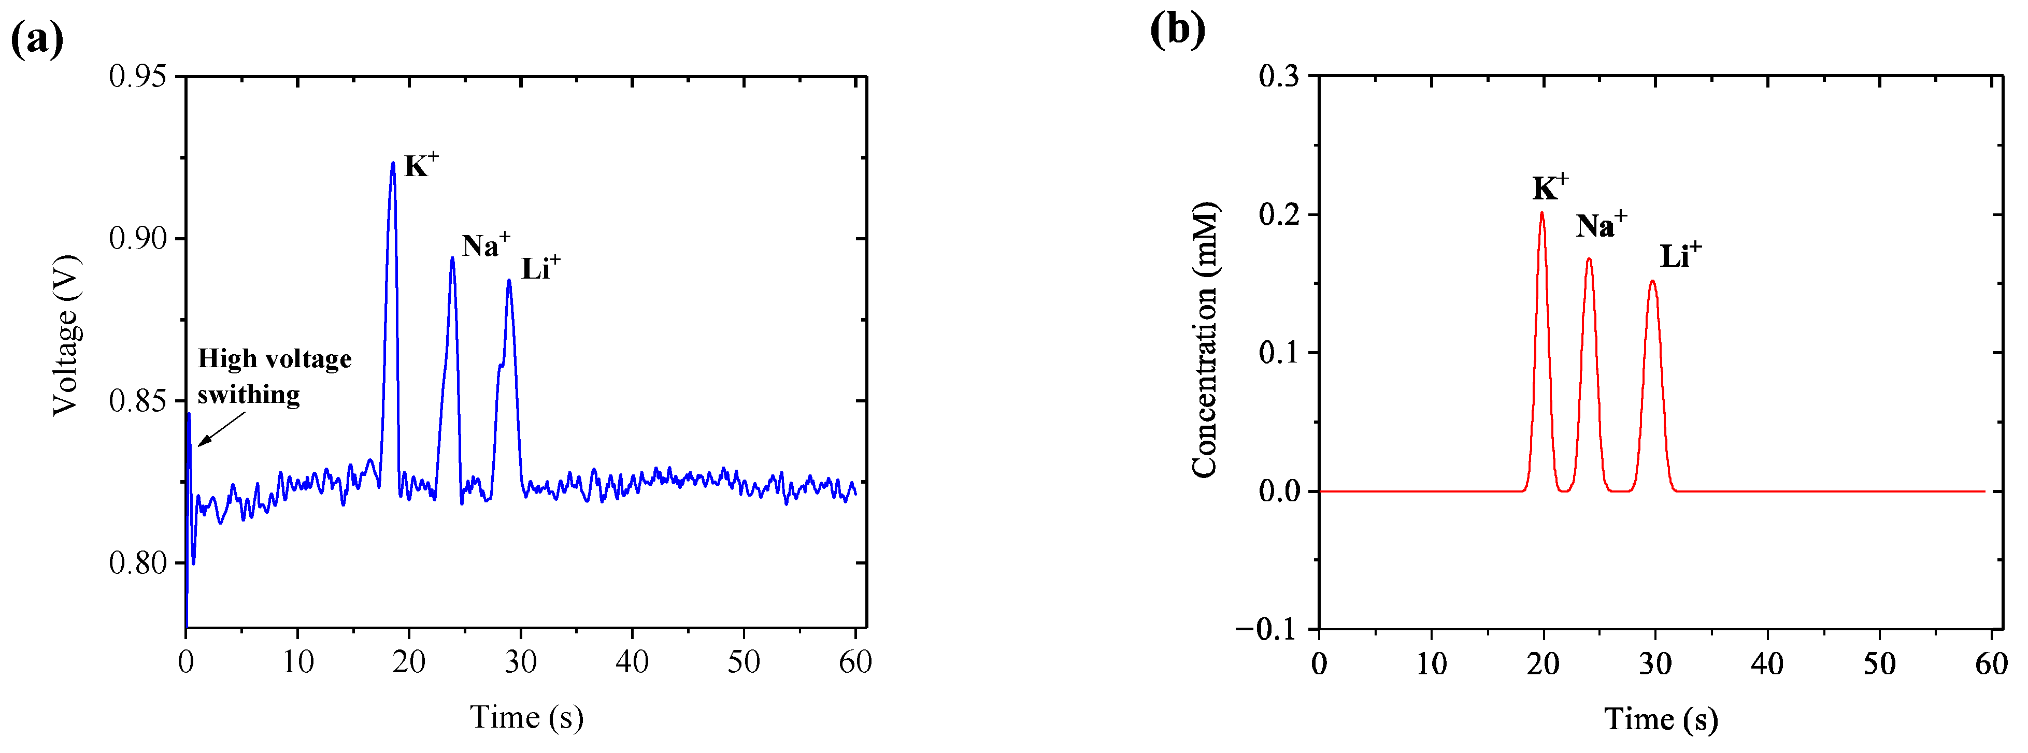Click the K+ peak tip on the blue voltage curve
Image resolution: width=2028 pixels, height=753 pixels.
(x=393, y=163)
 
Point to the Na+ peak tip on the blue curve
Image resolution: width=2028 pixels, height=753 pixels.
(x=452, y=258)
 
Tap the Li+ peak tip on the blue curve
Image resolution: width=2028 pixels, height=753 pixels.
(x=509, y=280)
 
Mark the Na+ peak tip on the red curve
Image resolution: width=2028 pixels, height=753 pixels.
(x=1589, y=259)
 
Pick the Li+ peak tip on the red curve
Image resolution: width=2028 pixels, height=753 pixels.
(x=1652, y=281)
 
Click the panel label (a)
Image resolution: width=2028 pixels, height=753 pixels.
(x=37, y=39)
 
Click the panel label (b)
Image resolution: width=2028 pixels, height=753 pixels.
(x=1177, y=30)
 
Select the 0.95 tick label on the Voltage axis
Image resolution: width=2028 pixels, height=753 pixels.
(x=138, y=77)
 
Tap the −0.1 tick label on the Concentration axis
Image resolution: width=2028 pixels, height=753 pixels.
(x=1266, y=629)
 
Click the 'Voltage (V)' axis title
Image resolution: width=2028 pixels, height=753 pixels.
(x=67, y=335)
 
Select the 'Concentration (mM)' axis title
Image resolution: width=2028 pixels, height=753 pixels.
(x=1205, y=340)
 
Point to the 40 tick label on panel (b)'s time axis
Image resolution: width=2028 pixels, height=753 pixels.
(x=1767, y=664)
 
